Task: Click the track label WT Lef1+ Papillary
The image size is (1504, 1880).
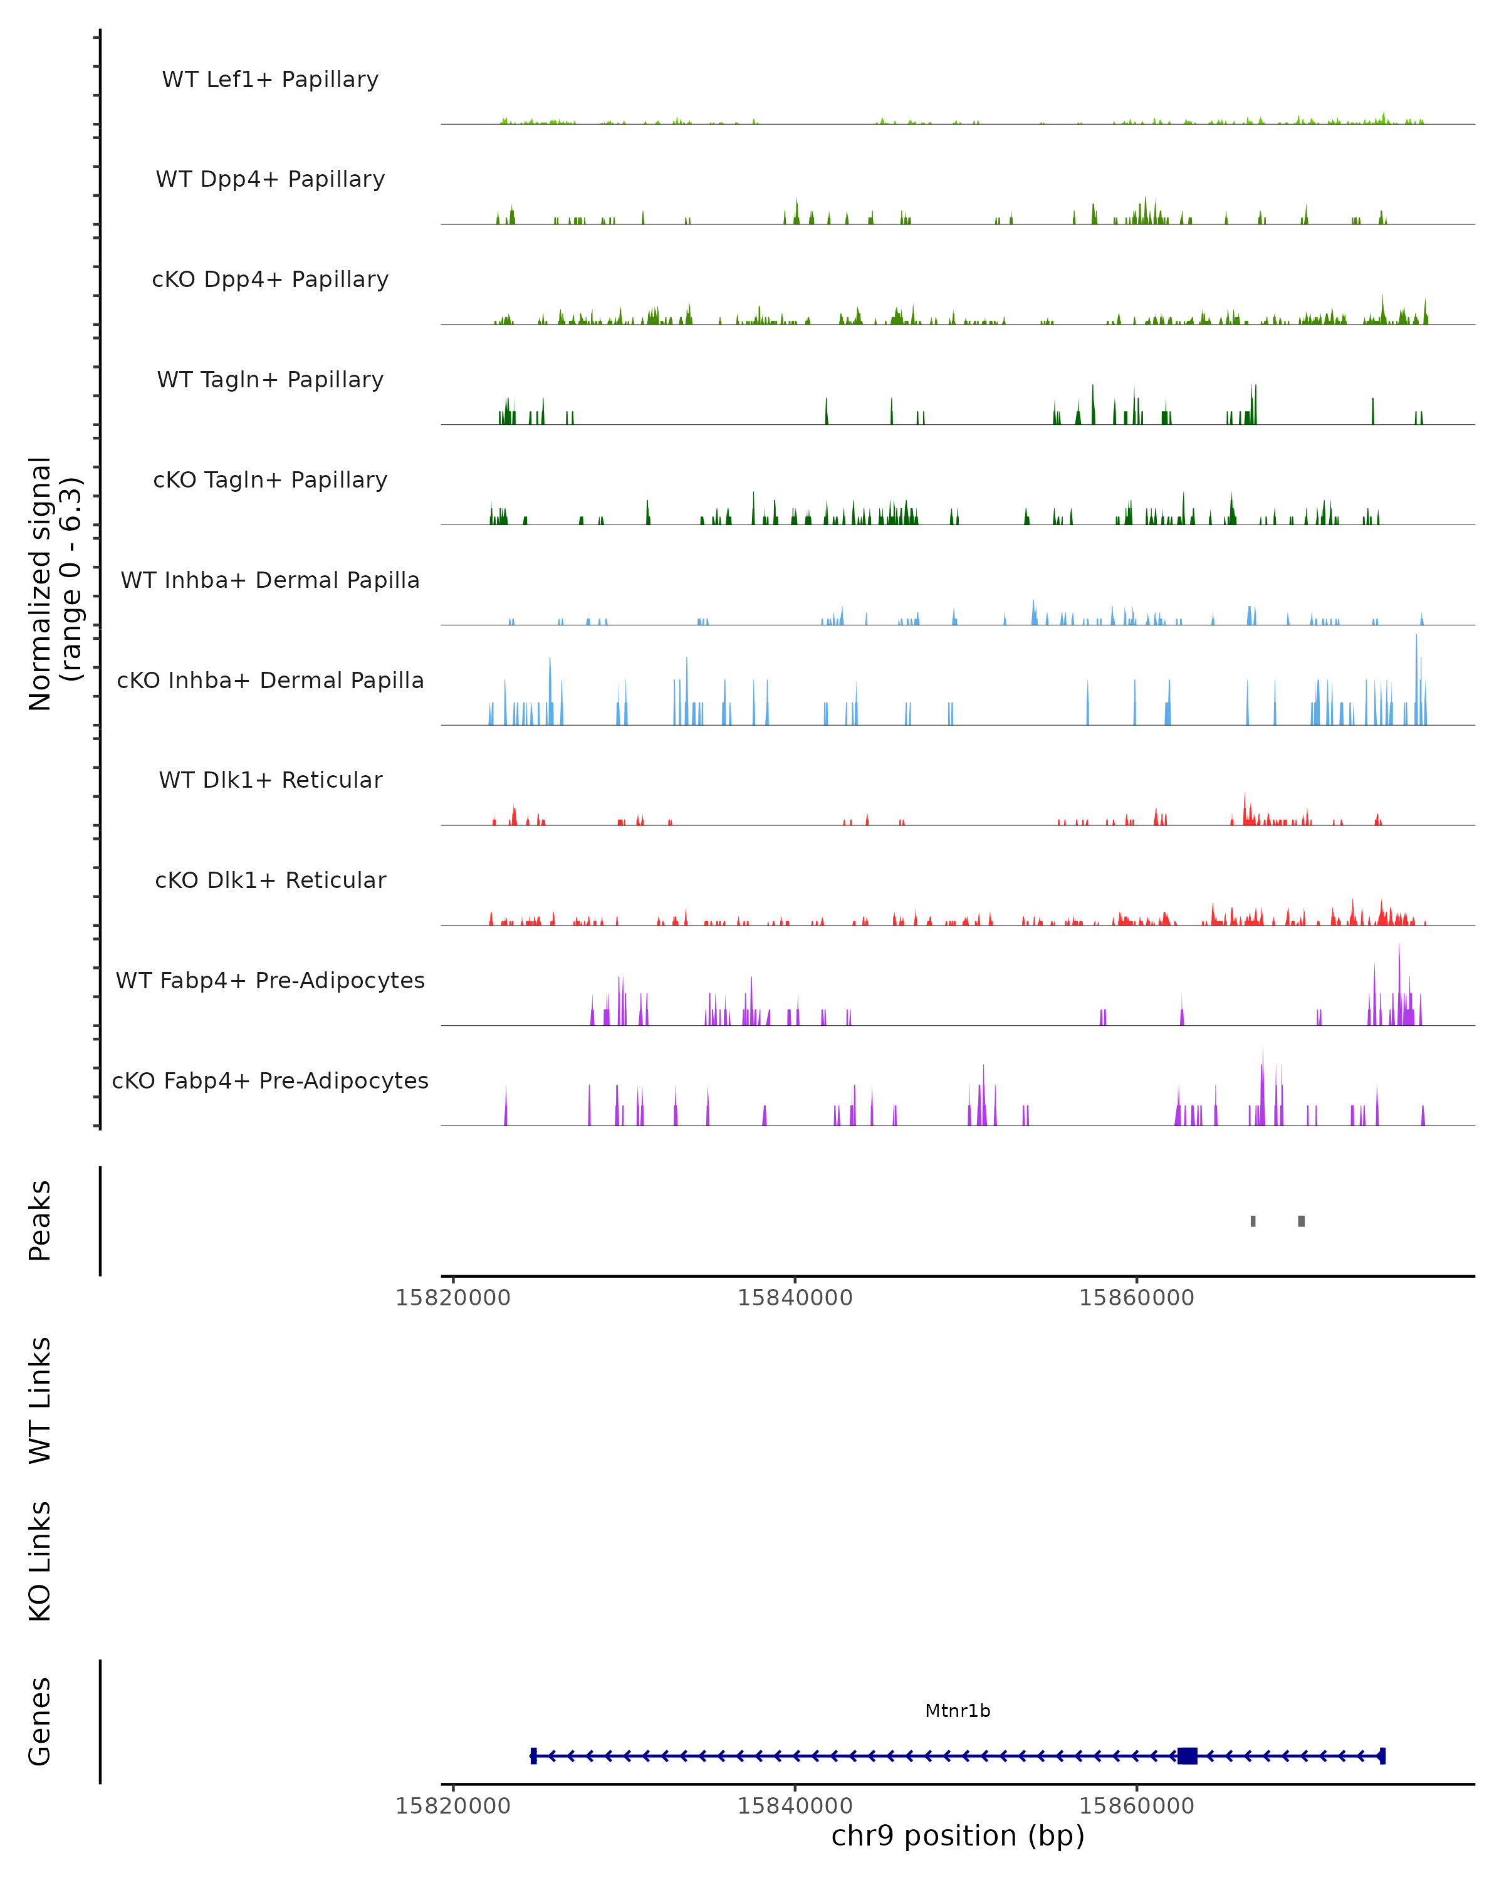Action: click(270, 80)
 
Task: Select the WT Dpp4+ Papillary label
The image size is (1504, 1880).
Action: click(270, 180)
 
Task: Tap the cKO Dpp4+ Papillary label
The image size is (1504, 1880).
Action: click(270, 280)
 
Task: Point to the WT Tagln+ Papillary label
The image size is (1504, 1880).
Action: click(270, 380)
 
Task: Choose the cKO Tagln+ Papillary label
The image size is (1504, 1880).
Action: click(270, 481)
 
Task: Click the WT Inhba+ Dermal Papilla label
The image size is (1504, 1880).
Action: click(270, 581)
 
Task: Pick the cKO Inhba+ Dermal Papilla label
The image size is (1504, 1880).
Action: click(270, 681)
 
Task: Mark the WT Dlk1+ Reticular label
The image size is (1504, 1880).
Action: click(270, 780)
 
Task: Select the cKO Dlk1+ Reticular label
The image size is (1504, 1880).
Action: click(270, 880)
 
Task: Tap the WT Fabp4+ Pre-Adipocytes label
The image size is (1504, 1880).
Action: click(270, 981)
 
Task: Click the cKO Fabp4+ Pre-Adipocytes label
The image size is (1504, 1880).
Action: click(270, 1081)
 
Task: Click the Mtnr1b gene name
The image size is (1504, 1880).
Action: click(958, 1711)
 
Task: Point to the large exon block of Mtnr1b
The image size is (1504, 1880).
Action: click(1187, 1756)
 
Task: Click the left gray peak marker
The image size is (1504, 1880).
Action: click(1253, 1221)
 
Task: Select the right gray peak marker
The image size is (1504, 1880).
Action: click(1301, 1221)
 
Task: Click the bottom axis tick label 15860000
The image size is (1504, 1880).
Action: click(1137, 1806)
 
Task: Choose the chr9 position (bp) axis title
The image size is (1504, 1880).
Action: click(958, 1836)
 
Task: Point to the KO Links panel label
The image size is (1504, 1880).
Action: click(40, 1561)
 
